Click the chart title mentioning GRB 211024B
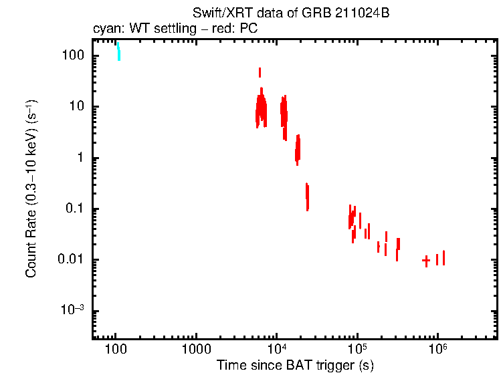click(x=290, y=13)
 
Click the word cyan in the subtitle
click(x=105, y=29)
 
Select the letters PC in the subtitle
click(x=249, y=29)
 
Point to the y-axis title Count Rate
click(x=31, y=189)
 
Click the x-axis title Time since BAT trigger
click(x=294, y=365)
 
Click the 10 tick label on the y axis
click(x=76, y=107)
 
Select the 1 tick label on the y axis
click(x=80, y=158)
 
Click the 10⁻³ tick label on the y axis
click(x=73, y=310)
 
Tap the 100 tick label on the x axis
click(x=116, y=348)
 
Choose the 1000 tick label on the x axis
click(x=196, y=348)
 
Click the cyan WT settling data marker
click(x=118, y=52)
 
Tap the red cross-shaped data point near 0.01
click(x=426, y=261)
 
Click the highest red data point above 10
click(x=260, y=72)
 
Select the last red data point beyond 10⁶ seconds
click(x=443, y=257)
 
